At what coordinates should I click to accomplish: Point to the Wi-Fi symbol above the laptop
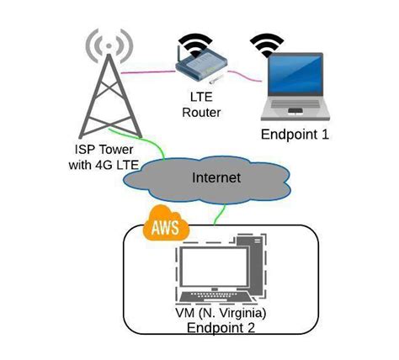pos(269,40)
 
